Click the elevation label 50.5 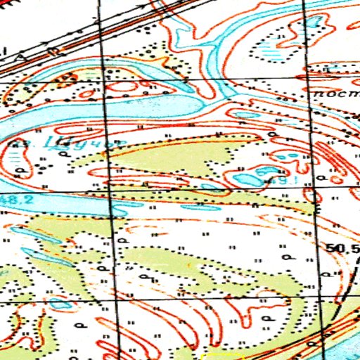[x=342, y=249]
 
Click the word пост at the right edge [x=330, y=93]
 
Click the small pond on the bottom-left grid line [x=59, y=305]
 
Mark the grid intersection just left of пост [x=307, y=82]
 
